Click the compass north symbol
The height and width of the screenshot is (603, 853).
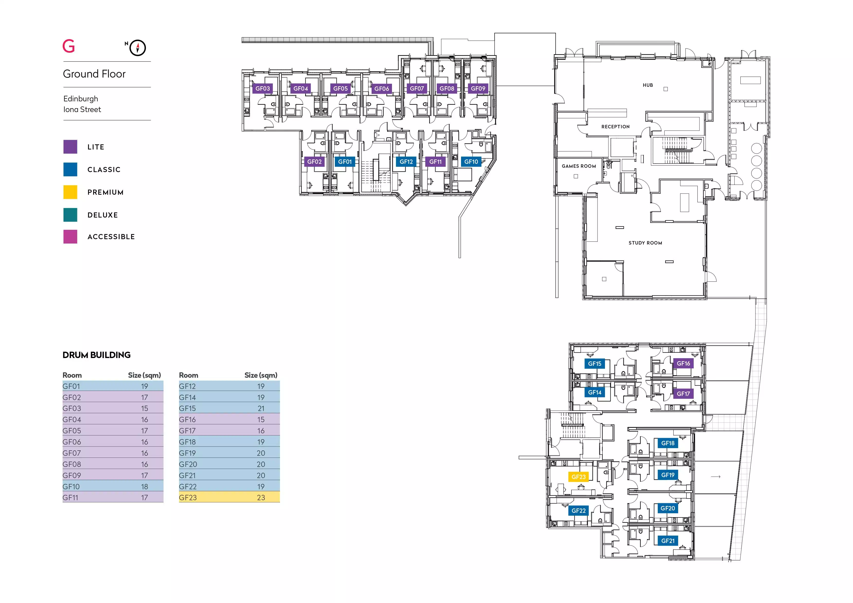[x=137, y=48]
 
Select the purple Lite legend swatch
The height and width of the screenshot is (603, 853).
[x=70, y=147]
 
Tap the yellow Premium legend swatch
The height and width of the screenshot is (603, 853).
[x=70, y=192]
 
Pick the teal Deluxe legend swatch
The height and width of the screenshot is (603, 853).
[x=70, y=215]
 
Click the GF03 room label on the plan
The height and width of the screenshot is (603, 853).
[x=263, y=88]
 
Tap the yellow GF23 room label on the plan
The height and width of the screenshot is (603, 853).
[x=578, y=477]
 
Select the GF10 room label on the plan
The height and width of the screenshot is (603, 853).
[x=471, y=162]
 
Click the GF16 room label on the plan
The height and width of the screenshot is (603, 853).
[x=683, y=364]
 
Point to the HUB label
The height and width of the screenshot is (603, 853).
[x=648, y=85]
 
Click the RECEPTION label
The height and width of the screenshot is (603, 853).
[x=616, y=127]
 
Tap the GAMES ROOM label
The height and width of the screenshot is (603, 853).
[x=579, y=166]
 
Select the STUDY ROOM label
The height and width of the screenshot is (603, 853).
[x=645, y=243]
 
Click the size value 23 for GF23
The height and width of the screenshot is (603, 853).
[x=261, y=498]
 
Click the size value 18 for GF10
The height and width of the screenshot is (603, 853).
[x=144, y=486]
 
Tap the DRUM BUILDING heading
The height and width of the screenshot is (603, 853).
[x=97, y=355]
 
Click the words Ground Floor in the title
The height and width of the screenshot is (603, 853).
[x=94, y=74]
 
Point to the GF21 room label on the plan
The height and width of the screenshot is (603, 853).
[x=668, y=541]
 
